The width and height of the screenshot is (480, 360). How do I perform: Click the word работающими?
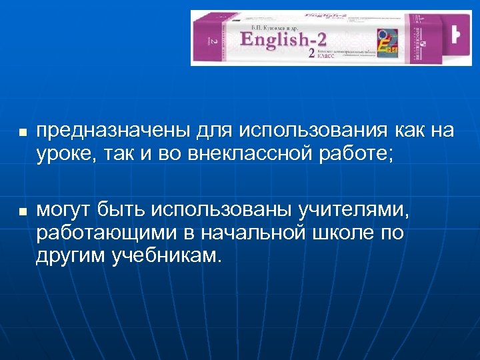point(99,234)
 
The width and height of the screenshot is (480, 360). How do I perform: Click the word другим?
point(69,257)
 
